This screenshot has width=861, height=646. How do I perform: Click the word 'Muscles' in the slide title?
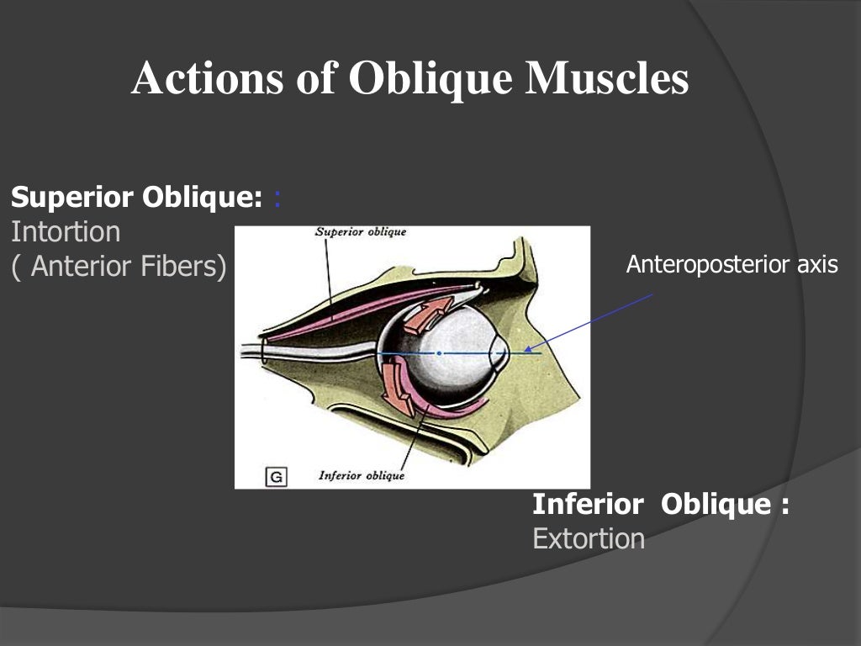607,79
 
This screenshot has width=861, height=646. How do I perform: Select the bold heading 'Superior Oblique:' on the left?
131,198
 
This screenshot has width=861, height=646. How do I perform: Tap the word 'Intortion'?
66,231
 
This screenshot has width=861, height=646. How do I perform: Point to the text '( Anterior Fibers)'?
119,266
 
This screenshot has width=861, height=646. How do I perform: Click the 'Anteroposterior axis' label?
732,265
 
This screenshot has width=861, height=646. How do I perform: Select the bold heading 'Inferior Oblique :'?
661,504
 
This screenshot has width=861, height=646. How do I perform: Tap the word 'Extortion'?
589,538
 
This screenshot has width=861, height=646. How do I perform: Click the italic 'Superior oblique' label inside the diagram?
360,232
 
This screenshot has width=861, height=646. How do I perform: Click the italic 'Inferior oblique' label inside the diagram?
362,476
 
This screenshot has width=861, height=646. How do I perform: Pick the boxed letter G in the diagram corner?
276,477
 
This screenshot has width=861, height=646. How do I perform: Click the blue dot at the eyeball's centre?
438,353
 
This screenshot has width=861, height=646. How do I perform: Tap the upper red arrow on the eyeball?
426,314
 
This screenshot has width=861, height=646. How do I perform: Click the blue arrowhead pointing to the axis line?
528,348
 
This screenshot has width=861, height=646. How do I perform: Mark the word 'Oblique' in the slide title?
430,79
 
